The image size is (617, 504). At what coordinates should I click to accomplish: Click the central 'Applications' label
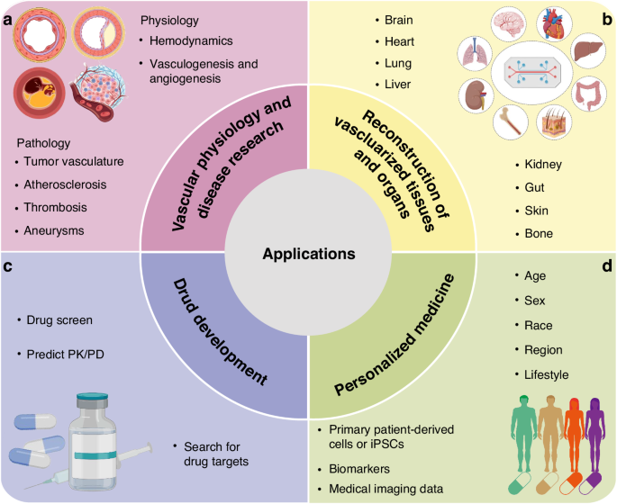(x=309, y=255)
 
